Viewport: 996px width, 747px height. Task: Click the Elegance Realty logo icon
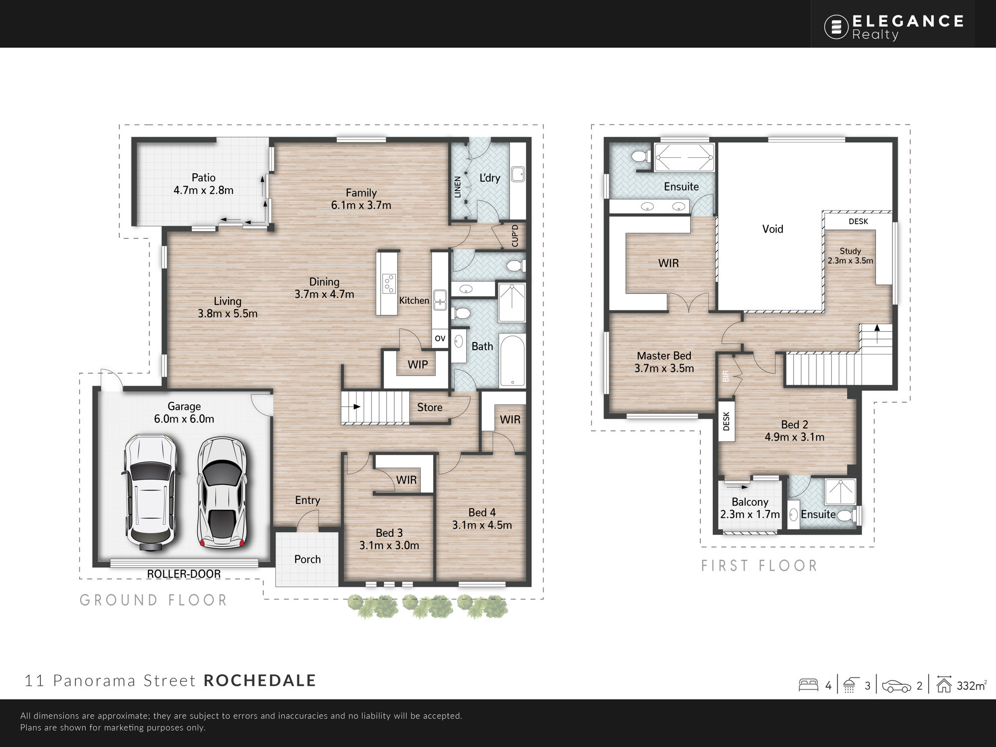click(836, 27)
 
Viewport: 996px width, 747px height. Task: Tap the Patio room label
click(204, 178)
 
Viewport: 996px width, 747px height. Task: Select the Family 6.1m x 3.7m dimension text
click(361, 205)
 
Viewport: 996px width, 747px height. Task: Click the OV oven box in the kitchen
click(440, 339)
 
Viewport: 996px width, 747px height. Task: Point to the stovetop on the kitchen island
click(388, 284)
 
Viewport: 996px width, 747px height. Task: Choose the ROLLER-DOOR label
click(184, 574)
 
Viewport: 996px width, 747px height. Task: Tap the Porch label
click(307, 559)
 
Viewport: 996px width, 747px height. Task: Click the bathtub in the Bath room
click(512, 361)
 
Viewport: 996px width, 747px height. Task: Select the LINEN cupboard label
click(458, 187)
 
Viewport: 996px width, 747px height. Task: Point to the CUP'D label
click(515, 236)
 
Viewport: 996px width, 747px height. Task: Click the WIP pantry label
click(417, 365)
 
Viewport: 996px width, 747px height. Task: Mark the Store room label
click(430, 407)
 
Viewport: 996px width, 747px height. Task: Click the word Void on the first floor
click(772, 229)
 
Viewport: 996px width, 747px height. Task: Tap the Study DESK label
click(858, 221)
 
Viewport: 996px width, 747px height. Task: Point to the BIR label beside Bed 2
click(726, 376)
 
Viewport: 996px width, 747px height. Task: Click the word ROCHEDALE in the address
click(260, 680)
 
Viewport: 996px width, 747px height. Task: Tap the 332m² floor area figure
click(971, 685)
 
